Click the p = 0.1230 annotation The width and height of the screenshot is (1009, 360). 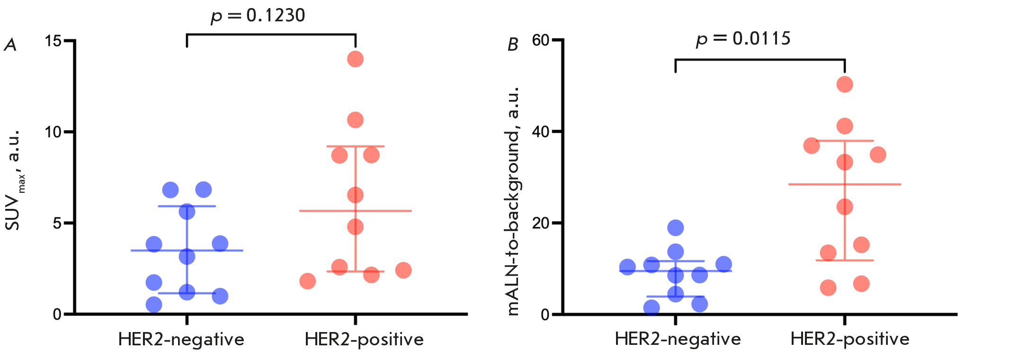coord(258,16)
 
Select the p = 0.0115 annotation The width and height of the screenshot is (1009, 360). coord(743,39)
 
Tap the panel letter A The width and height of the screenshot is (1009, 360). coord(10,45)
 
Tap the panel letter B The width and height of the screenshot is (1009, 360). coord(512,45)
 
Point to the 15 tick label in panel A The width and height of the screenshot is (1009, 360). coord(53,41)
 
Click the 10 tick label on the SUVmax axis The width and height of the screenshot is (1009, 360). coord(53,132)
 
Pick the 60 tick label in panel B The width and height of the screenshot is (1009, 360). coord(540,40)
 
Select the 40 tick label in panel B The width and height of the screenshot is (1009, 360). coord(540,132)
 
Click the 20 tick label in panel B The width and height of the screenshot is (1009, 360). coord(540,223)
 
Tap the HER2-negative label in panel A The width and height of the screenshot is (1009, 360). coord(181,340)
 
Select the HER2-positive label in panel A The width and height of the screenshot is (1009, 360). coord(364,340)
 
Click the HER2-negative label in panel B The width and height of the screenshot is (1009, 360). coord(678,339)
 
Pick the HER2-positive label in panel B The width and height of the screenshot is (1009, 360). coord(850,339)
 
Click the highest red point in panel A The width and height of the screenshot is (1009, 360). coord(355,59)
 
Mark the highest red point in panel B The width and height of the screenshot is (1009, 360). coord(845,85)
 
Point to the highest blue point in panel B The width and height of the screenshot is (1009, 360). coord(675,228)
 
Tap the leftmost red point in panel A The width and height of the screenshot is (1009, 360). coord(307,281)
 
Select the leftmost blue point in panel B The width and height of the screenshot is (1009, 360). coord(627,267)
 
